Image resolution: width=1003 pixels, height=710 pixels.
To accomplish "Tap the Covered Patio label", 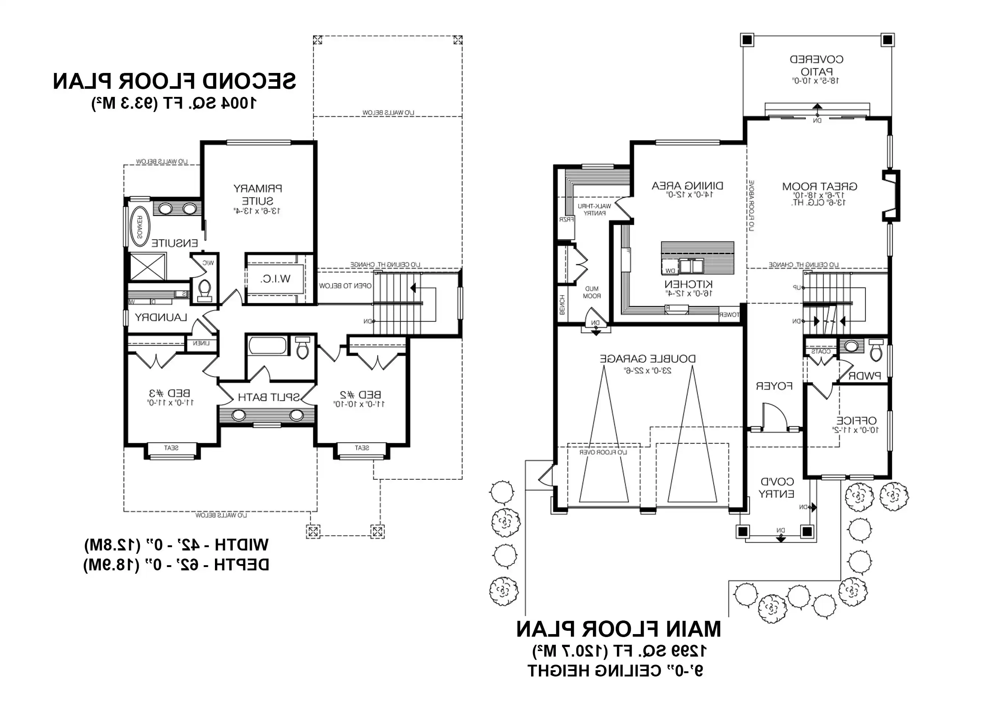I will pos(816,65).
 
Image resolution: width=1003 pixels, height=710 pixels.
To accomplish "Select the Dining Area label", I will pos(688,186).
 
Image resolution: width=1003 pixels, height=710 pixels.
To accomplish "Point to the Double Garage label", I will pos(647,359).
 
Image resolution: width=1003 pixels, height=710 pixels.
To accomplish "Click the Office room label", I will pos(856,420).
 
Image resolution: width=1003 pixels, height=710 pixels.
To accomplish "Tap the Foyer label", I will pos(774,386).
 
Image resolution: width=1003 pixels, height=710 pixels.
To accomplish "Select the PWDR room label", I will pos(864,375).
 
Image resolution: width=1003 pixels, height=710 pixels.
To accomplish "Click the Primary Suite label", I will pos(258,195).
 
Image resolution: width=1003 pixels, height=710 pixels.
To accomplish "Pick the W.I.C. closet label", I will pos(275,279).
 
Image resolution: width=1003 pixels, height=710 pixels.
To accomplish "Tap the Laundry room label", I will pos(161,317).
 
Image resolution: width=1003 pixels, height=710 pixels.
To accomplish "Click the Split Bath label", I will pos(268,397).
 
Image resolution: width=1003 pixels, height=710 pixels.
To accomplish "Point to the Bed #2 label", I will pos(360,395).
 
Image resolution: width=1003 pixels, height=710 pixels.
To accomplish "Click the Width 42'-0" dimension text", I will pos(176,545).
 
